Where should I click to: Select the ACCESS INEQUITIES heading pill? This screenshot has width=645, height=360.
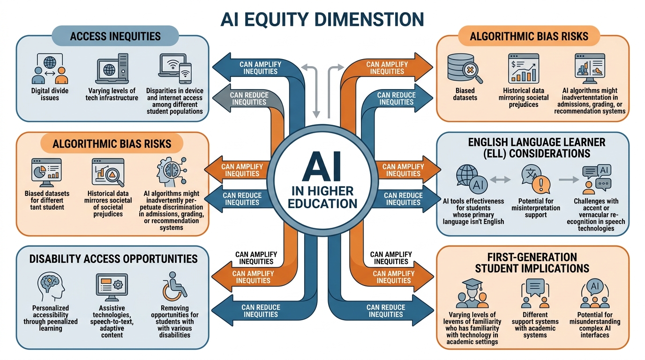click(x=115, y=36)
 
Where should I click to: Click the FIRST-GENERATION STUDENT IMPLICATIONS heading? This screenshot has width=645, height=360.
click(x=532, y=263)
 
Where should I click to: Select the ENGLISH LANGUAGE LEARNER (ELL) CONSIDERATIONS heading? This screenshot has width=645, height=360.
click(x=532, y=147)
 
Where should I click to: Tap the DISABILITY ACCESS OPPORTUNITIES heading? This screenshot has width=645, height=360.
click(x=113, y=259)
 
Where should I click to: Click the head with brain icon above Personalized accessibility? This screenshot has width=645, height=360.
click(x=50, y=287)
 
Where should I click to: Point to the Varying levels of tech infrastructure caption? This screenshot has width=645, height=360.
click(x=112, y=94)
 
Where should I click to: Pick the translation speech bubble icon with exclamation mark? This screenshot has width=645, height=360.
click(x=534, y=180)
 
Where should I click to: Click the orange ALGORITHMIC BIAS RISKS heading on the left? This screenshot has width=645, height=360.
click(x=112, y=143)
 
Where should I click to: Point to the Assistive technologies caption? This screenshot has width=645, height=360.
click(x=112, y=322)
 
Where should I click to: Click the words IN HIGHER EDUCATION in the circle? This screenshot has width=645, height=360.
click(x=322, y=197)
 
